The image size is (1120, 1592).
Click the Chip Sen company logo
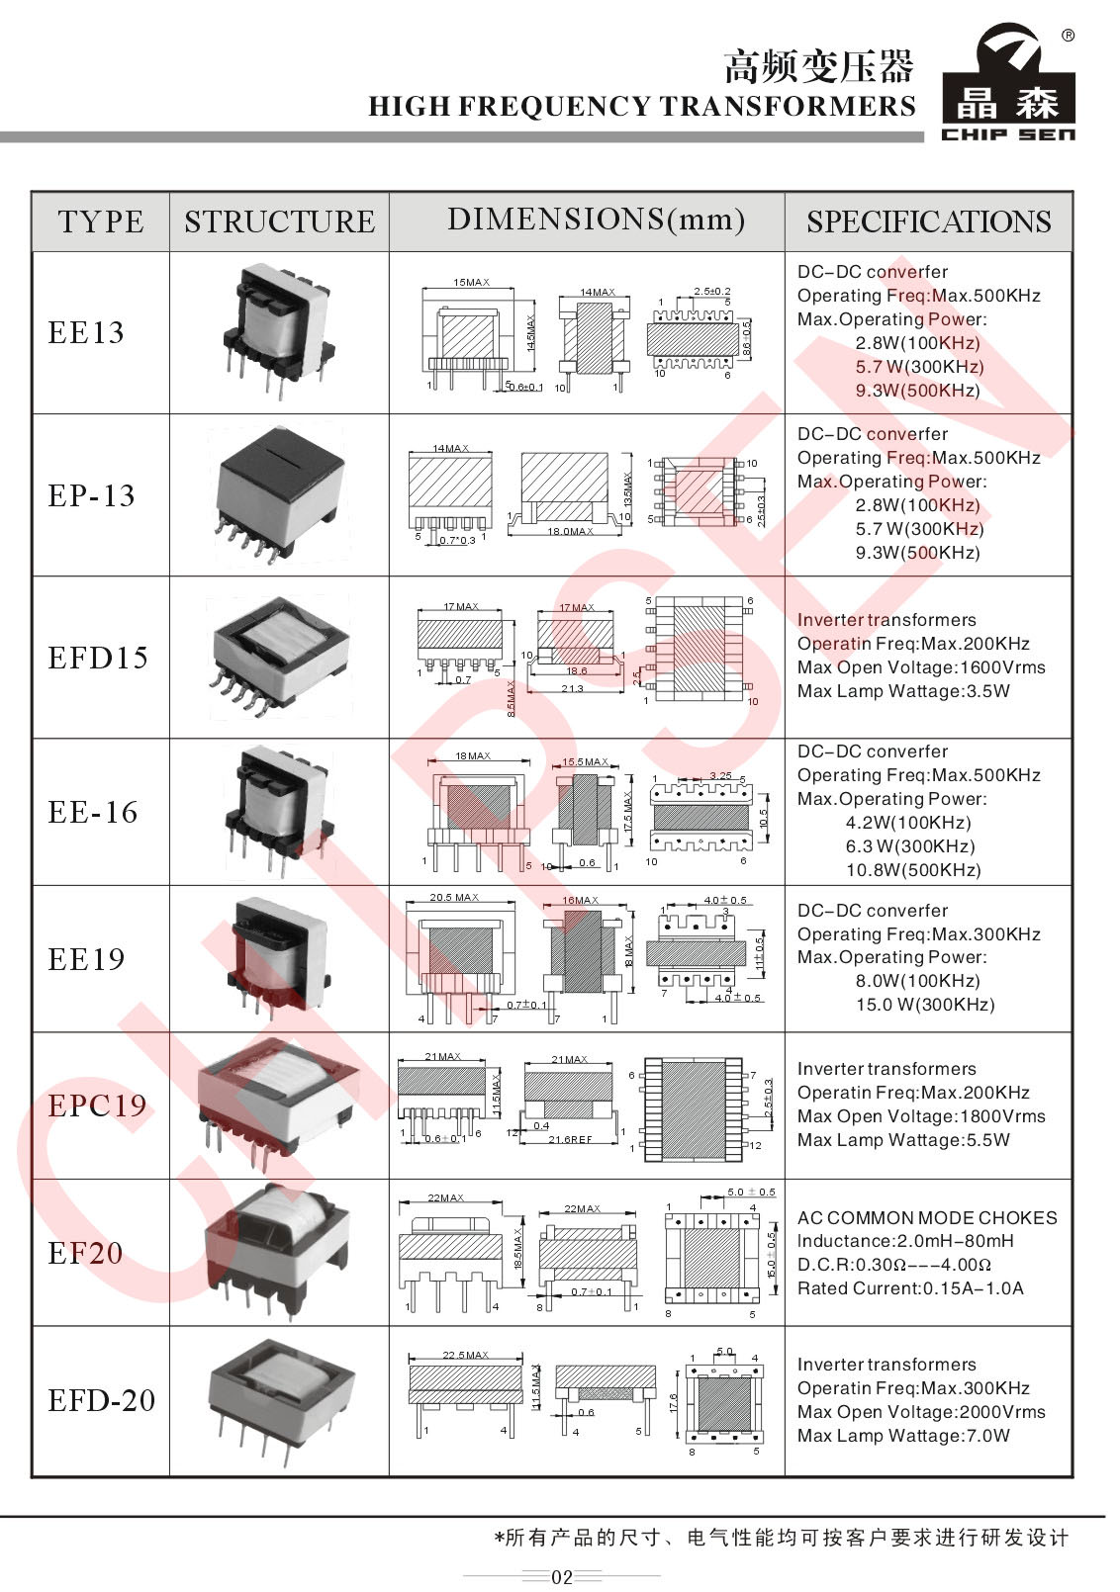(x=1008, y=83)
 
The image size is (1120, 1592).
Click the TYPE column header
(x=100, y=221)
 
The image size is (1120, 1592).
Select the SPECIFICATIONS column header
(x=928, y=221)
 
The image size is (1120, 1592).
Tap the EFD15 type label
(x=98, y=658)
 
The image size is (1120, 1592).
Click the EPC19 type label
(x=97, y=1106)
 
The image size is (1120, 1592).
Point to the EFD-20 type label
(x=102, y=1400)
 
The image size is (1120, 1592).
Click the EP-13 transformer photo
(x=280, y=494)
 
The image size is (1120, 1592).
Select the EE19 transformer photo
(x=279, y=957)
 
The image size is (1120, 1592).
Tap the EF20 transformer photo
(x=279, y=1251)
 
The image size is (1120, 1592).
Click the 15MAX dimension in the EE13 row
(x=471, y=283)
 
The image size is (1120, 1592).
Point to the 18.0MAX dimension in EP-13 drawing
(x=570, y=531)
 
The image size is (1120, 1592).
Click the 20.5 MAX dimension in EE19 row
(x=453, y=898)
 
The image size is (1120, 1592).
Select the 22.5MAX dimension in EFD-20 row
(x=465, y=1355)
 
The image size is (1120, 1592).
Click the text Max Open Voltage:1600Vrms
(x=920, y=667)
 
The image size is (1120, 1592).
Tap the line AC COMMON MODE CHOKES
(x=926, y=1218)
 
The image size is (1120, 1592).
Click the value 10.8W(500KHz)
(x=912, y=870)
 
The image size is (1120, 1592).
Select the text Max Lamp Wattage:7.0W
(x=903, y=1436)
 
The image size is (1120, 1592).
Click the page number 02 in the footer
(x=561, y=1577)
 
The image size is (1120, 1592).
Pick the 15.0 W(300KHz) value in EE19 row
(x=925, y=1005)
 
